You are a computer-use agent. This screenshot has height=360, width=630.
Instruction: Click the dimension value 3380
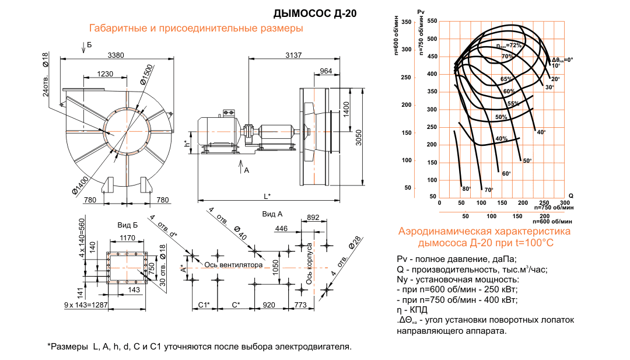[116, 55]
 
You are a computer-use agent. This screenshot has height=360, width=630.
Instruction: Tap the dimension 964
[326, 71]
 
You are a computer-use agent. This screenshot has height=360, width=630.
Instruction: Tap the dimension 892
[313, 218]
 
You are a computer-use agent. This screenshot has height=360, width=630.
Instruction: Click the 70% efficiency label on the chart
[507, 57]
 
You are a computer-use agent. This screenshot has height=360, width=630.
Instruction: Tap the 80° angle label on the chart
[466, 188]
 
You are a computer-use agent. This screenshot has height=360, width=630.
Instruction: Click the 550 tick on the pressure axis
[432, 21]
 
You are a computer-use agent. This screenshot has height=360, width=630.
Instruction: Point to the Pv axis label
[421, 12]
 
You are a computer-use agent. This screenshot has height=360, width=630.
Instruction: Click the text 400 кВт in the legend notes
[500, 300]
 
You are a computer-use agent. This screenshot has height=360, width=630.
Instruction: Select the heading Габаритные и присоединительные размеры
[195, 29]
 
